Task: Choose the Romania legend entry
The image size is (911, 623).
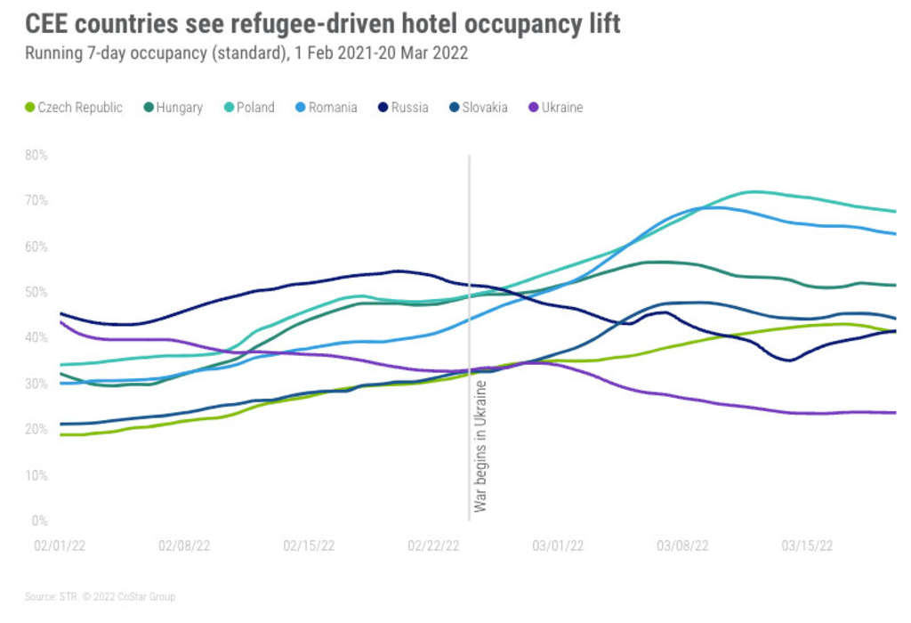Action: [328, 108]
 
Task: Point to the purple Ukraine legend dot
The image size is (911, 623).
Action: [533, 108]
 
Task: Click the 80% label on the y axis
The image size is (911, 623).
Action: [37, 155]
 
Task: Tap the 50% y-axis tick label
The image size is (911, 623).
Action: [37, 292]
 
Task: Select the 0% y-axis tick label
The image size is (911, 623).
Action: [40, 521]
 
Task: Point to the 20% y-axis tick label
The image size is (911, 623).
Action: [37, 429]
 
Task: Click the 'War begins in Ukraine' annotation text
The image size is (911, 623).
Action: [480, 446]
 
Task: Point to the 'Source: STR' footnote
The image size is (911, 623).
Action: [46, 596]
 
